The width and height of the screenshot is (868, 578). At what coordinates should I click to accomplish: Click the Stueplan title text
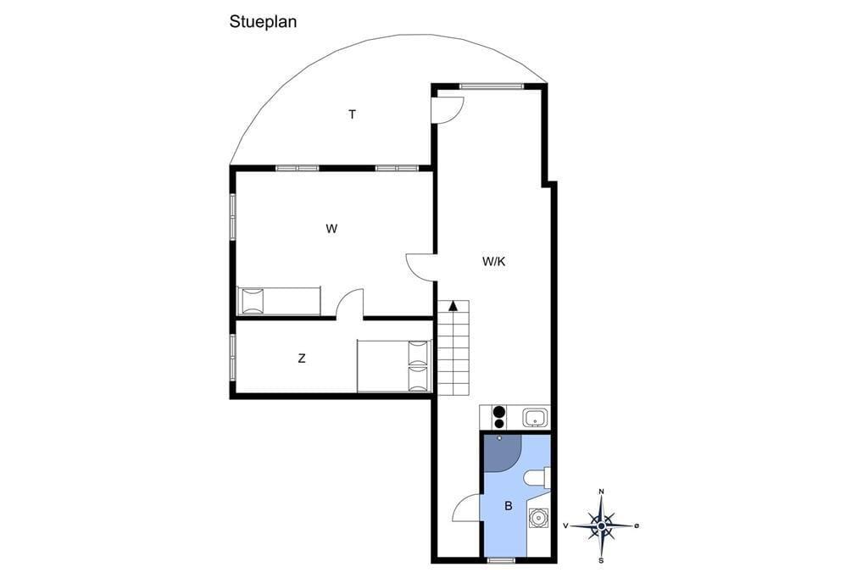pyautogui.click(x=263, y=22)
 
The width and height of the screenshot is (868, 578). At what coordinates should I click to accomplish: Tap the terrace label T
pyautogui.click(x=352, y=114)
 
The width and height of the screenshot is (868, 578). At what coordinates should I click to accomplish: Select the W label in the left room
pyautogui.click(x=331, y=228)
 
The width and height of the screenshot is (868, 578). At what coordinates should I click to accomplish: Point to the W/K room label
pyautogui.click(x=494, y=261)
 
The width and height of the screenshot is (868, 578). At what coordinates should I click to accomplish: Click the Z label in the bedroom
pyautogui.click(x=302, y=358)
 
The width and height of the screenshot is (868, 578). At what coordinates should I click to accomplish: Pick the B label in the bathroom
pyautogui.click(x=509, y=505)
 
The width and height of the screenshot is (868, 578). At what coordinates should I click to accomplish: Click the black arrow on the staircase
pyautogui.click(x=453, y=304)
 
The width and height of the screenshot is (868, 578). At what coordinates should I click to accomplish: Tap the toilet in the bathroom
pyautogui.click(x=537, y=478)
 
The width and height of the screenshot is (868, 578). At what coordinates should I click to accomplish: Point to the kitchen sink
pyautogui.click(x=536, y=417)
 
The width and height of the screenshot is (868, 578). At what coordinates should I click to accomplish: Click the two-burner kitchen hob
pyautogui.click(x=499, y=417)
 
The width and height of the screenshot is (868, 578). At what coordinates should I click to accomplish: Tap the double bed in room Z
pyautogui.click(x=394, y=366)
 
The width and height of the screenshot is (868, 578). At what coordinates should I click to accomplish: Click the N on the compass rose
pyautogui.click(x=602, y=492)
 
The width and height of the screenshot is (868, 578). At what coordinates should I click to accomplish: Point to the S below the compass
pyautogui.click(x=601, y=560)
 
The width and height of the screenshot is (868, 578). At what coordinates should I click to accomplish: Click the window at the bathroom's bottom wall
pyautogui.click(x=502, y=560)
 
